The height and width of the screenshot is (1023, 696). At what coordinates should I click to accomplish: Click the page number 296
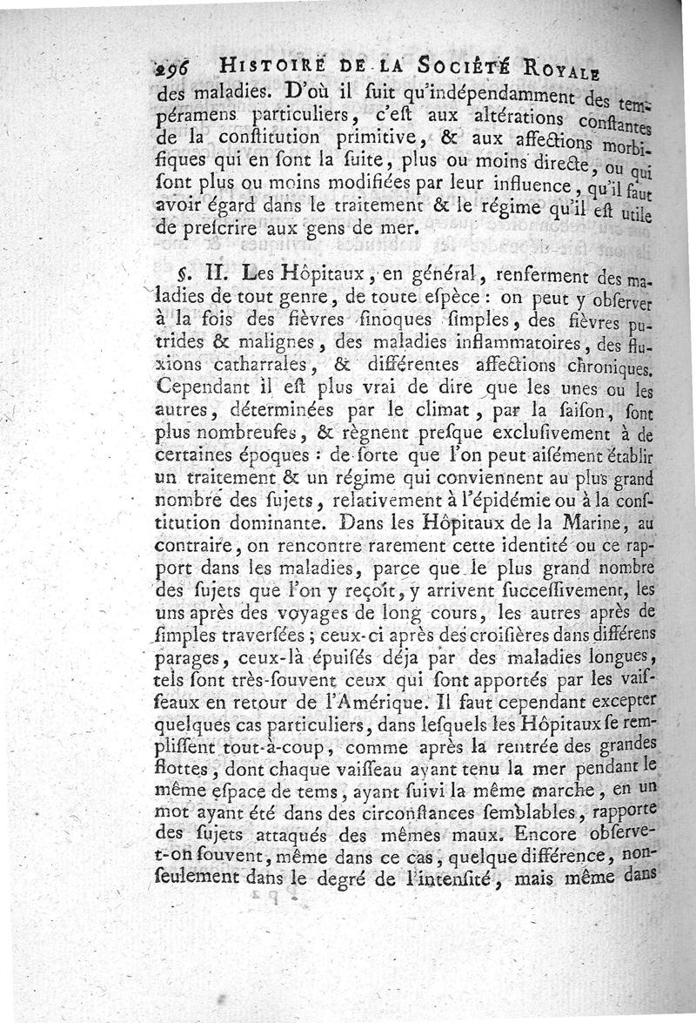(x=174, y=71)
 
